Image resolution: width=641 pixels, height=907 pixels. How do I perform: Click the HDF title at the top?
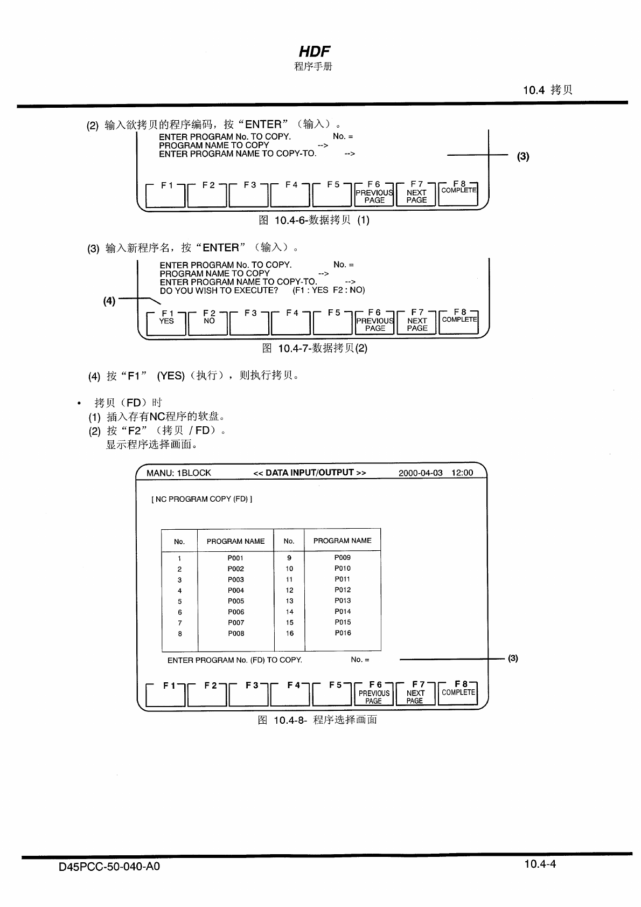[314, 51]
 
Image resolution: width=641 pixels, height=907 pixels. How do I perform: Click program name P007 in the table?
[236, 622]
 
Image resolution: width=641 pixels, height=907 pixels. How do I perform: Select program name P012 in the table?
[343, 590]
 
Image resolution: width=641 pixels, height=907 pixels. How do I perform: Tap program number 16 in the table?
[290, 633]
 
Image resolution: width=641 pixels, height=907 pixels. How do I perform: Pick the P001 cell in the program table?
[235, 558]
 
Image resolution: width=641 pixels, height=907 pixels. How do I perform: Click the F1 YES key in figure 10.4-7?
[166, 322]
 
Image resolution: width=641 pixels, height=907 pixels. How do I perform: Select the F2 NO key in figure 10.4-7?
[209, 322]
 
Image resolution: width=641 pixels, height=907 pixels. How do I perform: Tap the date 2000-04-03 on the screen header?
[421, 473]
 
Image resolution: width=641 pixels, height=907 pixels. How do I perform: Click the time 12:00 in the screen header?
[462, 473]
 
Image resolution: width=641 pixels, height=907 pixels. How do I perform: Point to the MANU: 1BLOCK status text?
[179, 473]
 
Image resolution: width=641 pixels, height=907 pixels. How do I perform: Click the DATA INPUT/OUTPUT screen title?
[310, 473]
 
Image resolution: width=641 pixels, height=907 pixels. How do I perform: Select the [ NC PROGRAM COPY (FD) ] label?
[201, 499]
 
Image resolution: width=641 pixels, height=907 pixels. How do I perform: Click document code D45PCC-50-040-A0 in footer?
[109, 867]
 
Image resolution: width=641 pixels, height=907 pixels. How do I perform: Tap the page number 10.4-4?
[540, 864]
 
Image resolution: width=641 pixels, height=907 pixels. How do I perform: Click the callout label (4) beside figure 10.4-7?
[109, 301]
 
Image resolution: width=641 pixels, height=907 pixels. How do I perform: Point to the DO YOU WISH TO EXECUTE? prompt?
[219, 290]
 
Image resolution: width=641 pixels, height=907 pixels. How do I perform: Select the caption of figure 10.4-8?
[317, 720]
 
